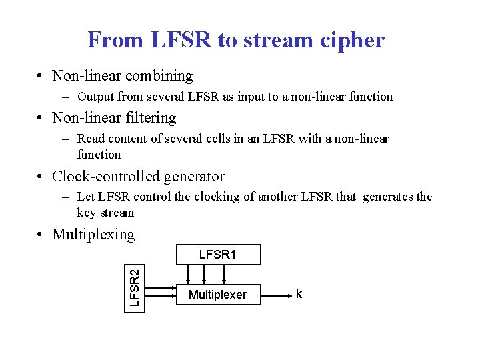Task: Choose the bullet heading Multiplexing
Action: coord(93,235)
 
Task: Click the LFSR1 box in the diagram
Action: coord(217,255)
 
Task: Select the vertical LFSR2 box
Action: coord(133,288)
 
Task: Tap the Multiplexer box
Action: coord(217,295)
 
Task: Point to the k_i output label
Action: coord(301,294)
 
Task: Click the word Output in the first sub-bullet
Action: coord(97,97)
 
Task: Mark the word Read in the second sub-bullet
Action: coord(91,139)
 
